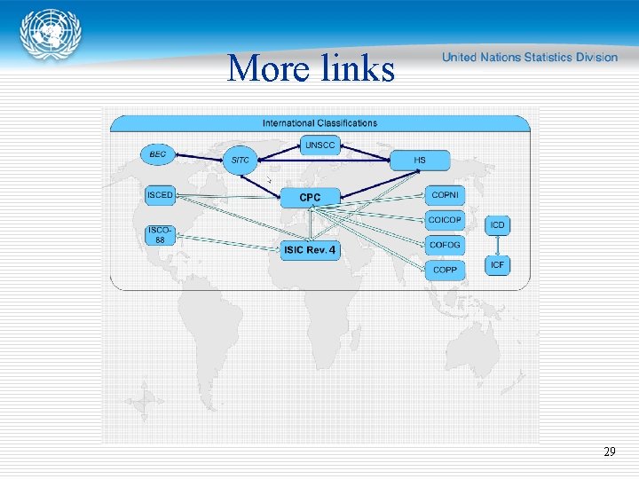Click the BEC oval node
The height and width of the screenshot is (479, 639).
point(158,154)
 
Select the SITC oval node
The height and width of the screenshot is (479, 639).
point(241,160)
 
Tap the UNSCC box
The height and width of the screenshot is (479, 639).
point(320,144)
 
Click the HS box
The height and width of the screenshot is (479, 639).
point(420,161)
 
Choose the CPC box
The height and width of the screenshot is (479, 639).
point(310,197)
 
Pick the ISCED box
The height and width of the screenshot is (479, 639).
point(160,195)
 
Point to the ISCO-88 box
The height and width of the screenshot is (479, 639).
point(160,234)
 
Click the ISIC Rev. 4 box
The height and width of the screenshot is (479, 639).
point(310,250)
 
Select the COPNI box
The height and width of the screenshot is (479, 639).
point(444,195)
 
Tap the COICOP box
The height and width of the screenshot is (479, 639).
point(444,220)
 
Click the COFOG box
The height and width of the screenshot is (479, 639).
point(444,244)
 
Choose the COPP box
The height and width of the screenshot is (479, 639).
point(444,269)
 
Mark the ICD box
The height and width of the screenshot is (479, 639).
point(498,224)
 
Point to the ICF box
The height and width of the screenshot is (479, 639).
point(498,264)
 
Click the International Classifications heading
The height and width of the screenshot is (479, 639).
point(319,123)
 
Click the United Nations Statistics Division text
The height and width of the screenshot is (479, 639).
point(529,57)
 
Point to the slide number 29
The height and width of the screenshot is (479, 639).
point(609,452)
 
